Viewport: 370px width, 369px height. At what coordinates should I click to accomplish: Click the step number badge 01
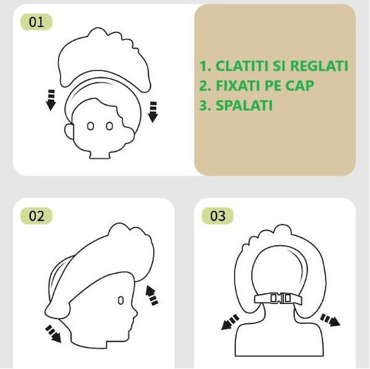pos(36,22)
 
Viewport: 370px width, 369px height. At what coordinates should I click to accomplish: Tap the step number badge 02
pos(36,215)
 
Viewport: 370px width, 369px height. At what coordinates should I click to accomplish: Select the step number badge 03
pos(218,215)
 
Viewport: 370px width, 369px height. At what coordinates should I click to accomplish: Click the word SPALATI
pos(244,106)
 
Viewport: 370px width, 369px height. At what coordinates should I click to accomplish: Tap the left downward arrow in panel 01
pos(51,99)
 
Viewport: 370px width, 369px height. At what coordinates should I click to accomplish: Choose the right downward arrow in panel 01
pos(153,112)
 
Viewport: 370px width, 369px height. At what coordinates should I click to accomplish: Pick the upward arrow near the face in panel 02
pos(151,296)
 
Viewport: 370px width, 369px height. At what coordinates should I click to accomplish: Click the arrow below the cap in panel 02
pos(53,333)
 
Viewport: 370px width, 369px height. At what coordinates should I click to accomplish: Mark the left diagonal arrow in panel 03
pos(230,322)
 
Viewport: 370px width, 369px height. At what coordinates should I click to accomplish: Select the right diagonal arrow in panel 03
pos(330,320)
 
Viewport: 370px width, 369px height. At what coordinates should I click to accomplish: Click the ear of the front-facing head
pos(69,130)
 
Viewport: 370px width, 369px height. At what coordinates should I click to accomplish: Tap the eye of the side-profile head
pos(121,300)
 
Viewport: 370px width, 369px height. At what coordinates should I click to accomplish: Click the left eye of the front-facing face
pos(90,126)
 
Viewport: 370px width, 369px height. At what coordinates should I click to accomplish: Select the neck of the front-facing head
pos(99,154)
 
